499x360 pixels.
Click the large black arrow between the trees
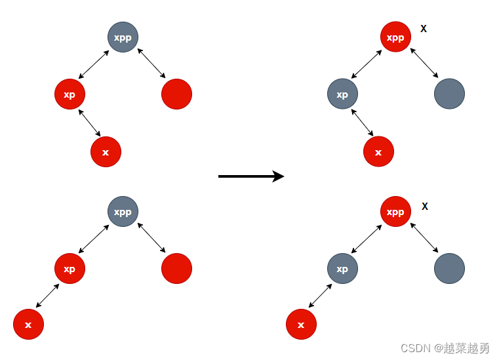tap(250, 176)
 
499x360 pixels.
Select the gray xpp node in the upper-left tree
tap(123, 37)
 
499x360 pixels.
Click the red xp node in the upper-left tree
tap(70, 94)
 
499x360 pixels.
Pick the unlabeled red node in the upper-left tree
tap(176, 94)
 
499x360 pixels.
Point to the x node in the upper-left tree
tap(106, 152)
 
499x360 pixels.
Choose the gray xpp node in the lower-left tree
tap(123, 212)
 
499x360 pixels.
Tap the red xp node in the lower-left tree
tap(70, 269)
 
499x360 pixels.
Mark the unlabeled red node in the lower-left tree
tap(176, 269)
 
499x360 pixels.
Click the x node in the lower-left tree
tap(28, 325)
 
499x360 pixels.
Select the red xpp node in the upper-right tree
tap(395, 37)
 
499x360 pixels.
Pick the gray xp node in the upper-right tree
tap(342, 94)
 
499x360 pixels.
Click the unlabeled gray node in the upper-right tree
tap(449, 94)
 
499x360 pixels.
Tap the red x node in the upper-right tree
tap(378, 152)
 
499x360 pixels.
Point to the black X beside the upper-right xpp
tap(424, 29)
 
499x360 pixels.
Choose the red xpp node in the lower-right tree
tap(395, 212)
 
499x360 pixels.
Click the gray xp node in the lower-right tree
tap(342, 269)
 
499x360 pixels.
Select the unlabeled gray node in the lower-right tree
tap(449, 269)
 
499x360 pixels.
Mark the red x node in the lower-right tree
tap(301, 325)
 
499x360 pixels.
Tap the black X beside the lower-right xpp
tap(425, 207)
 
